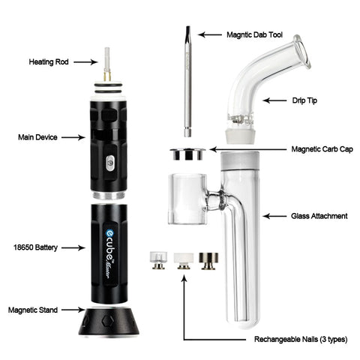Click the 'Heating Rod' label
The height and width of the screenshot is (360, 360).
[x=48, y=61]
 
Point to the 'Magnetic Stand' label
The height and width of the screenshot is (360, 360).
[x=34, y=309]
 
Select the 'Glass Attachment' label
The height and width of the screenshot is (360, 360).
[x=318, y=216]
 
